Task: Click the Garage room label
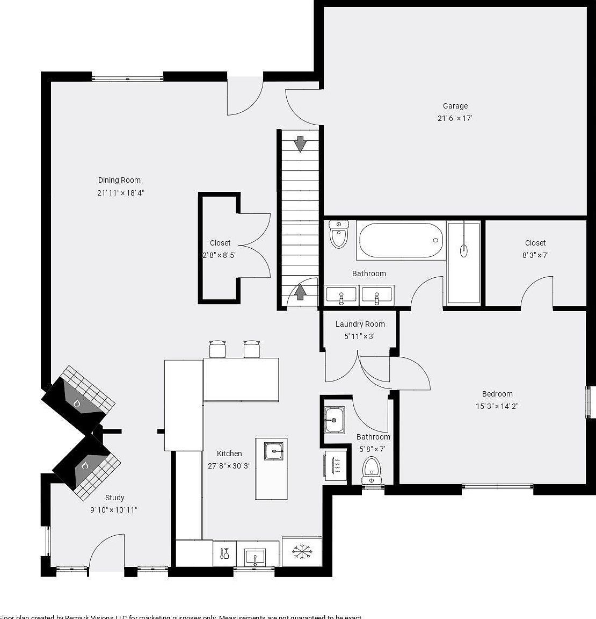(455, 106)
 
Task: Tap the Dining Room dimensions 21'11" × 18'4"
(121, 192)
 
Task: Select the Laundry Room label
(360, 324)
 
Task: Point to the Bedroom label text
(497, 394)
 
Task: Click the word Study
(114, 498)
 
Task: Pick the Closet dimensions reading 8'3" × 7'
(535, 255)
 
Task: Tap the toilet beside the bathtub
(338, 235)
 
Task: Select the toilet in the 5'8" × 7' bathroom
(371, 469)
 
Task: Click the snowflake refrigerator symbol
(301, 552)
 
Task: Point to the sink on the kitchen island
(274, 451)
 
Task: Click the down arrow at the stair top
(300, 143)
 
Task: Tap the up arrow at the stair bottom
(300, 292)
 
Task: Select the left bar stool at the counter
(217, 349)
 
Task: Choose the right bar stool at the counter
(252, 349)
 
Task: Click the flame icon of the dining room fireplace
(77, 402)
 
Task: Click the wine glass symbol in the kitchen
(224, 553)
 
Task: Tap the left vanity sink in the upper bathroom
(341, 295)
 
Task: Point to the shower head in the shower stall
(464, 250)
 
